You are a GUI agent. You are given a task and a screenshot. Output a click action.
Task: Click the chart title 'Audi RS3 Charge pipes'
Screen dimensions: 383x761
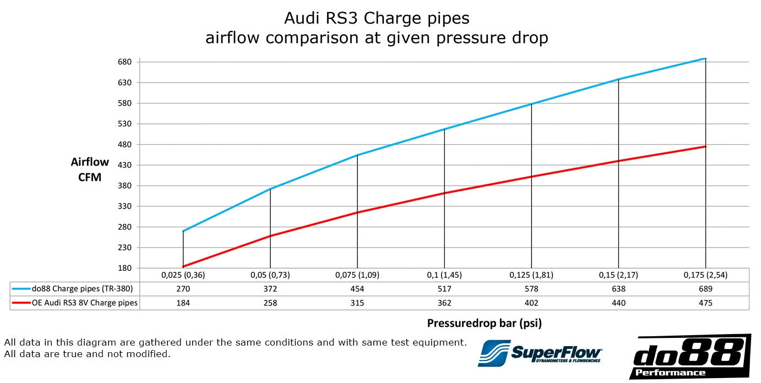(377, 18)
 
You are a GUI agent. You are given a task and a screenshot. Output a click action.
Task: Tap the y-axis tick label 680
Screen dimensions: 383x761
(124, 62)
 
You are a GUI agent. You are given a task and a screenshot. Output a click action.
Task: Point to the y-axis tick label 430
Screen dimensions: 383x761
(124, 165)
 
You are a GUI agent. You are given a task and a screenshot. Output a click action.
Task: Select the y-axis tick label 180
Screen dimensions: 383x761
(124, 268)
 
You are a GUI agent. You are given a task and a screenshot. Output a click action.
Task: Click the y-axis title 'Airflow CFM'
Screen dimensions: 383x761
(90, 169)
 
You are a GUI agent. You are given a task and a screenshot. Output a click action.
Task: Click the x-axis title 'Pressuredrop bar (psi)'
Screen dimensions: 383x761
(484, 323)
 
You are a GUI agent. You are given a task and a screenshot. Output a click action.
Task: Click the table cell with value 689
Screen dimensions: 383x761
(705, 289)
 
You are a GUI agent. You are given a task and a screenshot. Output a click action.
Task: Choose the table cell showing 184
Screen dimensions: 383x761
(183, 303)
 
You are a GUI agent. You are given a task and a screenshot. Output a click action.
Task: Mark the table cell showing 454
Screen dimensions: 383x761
(357, 289)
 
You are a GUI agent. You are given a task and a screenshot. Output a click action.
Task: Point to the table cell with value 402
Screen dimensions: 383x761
(531, 303)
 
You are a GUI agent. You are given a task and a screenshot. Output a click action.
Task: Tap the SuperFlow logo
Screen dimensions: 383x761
(540, 353)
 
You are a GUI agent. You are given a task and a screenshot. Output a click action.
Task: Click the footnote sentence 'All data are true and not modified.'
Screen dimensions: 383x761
(87, 354)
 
